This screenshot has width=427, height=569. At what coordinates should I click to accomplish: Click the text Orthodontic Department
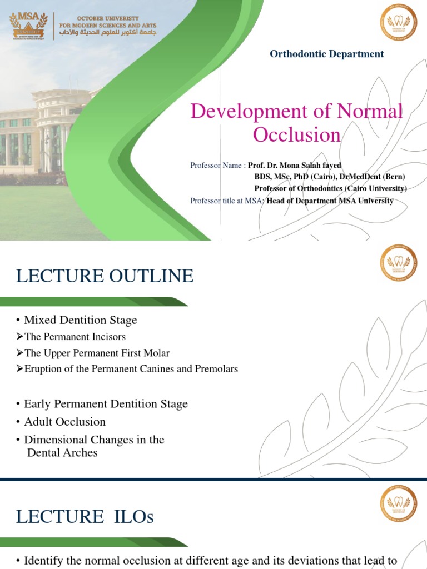pos(326,54)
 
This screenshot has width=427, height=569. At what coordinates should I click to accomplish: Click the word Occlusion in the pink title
pos(296,134)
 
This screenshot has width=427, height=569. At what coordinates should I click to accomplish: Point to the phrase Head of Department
pos(302,201)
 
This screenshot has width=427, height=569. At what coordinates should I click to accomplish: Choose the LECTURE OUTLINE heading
pos(105,276)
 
